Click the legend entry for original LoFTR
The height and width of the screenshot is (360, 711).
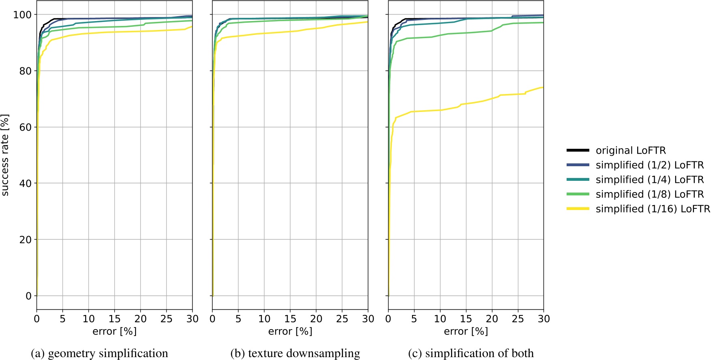coord(630,150)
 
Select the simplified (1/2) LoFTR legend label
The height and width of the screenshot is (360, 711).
coord(649,165)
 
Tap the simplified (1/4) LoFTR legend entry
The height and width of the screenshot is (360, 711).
coord(649,180)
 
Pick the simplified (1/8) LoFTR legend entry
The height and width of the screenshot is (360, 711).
coord(649,194)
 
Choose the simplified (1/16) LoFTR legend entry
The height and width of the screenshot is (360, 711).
coord(653,209)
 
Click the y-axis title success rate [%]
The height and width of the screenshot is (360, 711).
coord(5,155)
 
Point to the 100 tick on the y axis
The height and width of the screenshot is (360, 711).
coord(22,15)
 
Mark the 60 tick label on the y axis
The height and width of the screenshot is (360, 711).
coord(25,127)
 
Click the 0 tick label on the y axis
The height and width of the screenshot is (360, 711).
coord(28,296)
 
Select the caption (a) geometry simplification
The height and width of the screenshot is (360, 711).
coord(99,353)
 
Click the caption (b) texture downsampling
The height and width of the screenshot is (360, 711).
coord(295,353)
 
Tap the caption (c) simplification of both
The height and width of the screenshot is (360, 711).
coord(471,353)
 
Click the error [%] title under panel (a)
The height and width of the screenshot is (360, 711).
coord(114,331)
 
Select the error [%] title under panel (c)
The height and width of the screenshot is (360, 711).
coord(466,331)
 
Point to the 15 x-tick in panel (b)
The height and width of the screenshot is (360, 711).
coord(290,319)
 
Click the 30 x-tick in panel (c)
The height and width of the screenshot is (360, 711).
coord(543,319)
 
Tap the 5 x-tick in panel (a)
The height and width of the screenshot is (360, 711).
coord(62,319)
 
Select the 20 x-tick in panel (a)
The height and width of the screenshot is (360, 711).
coord(140,319)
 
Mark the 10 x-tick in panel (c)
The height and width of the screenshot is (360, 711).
coord(440,319)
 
